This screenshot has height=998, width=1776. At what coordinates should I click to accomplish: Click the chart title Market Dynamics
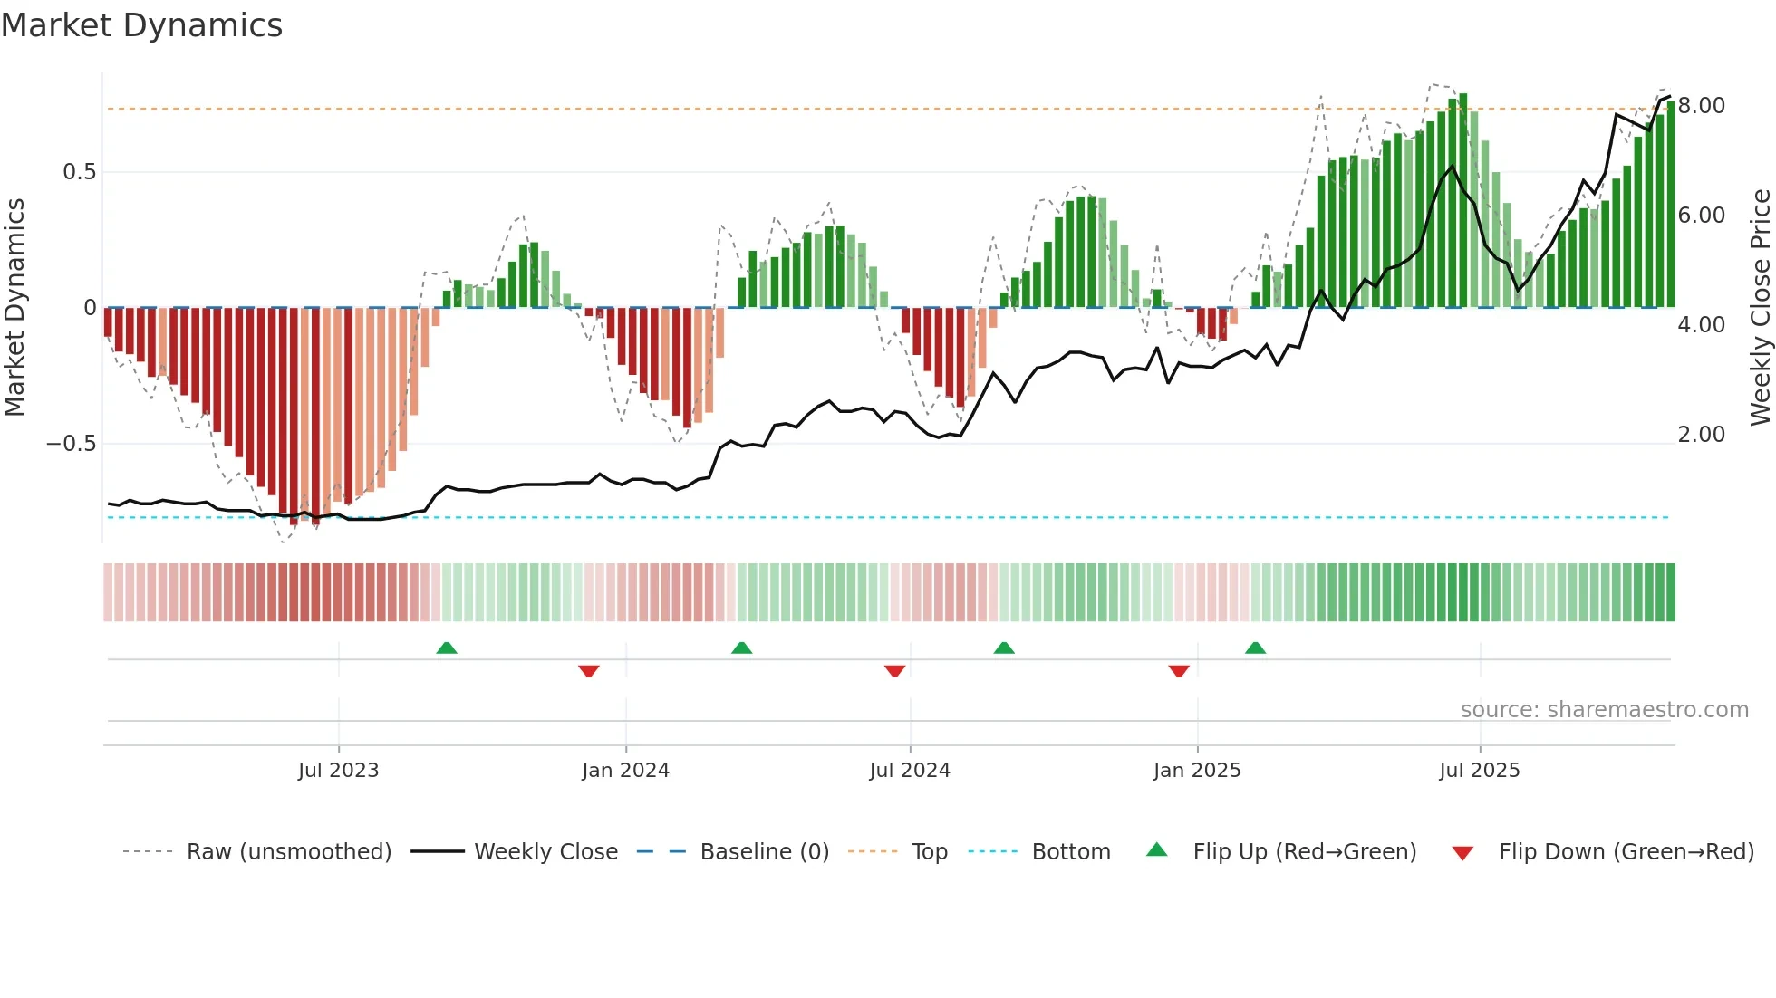(142, 25)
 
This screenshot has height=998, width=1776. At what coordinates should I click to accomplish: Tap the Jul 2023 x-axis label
(338, 771)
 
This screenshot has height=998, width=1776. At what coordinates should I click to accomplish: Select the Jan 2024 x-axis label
(625, 771)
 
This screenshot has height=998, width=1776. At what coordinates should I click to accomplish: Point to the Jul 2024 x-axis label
(910, 771)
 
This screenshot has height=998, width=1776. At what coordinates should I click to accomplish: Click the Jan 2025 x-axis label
(1197, 771)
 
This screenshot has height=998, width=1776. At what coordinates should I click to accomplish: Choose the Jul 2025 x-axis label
(1480, 771)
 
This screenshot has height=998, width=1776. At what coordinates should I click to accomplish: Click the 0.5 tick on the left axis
(79, 172)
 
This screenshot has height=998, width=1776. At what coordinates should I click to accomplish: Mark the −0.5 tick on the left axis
(72, 444)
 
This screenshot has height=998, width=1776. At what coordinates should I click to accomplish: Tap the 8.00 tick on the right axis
(1702, 106)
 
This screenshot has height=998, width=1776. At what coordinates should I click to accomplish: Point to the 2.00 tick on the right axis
(1702, 435)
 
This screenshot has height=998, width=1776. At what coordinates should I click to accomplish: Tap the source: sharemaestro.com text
(1604, 710)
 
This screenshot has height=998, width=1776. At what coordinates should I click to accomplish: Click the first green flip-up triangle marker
(447, 648)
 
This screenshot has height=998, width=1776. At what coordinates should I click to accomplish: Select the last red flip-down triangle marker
(1179, 671)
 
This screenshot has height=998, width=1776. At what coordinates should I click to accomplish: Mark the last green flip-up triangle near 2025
(1255, 648)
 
